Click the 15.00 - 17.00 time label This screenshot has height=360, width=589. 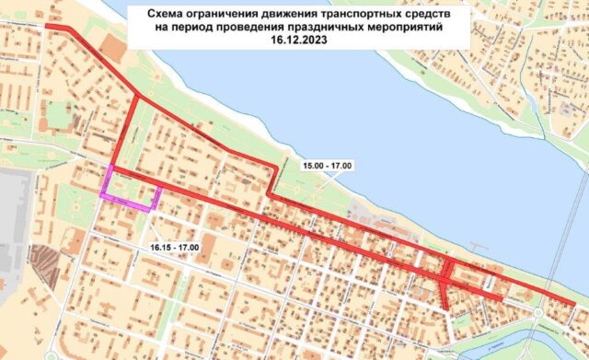tap(328, 165)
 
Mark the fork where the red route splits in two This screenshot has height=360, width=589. tap(137, 96)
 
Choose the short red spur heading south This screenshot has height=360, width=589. tap(445, 295)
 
